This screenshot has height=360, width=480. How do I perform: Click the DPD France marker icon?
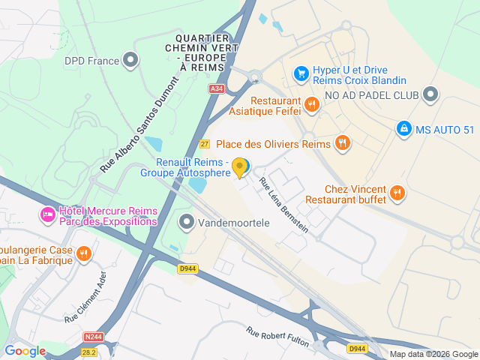[x=131, y=59]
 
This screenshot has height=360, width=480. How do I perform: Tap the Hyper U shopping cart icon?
[x=301, y=73]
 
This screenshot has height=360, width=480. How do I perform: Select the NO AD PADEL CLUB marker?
[x=430, y=94]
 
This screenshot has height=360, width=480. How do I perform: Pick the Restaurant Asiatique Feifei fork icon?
[x=312, y=106]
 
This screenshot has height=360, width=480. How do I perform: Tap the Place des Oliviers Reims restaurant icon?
[x=343, y=142]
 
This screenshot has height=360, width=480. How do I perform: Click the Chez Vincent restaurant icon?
[x=397, y=193]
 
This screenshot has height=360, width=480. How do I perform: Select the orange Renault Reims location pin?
[x=240, y=167]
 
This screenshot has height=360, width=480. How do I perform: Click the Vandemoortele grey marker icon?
[x=186, y=221]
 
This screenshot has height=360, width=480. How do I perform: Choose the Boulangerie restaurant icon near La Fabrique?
[x=84, y=255]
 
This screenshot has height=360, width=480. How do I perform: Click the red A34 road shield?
[x=217, y=88]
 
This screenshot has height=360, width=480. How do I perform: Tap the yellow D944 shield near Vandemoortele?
[x=187, y=268]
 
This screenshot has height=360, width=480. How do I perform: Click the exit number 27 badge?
[x=204, y=143]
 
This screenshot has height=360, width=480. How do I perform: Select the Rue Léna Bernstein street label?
[x=283, y=205]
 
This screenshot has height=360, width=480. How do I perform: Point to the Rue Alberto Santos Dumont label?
[x=139, y=124]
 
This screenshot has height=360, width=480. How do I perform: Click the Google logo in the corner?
[x=25, y=350]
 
